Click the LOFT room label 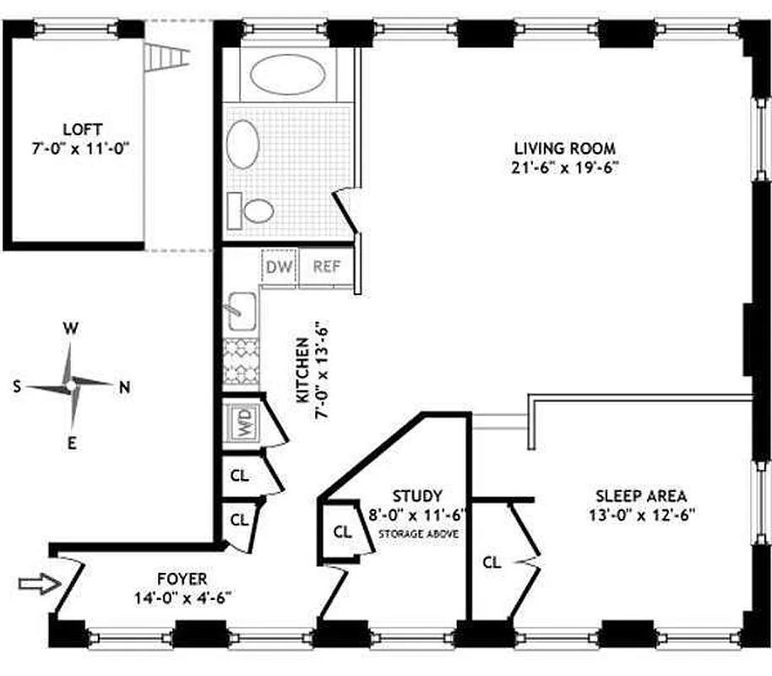tap(82, 129)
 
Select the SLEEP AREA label tap(640, 496)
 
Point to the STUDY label tap(417, 495)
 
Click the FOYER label tap(182, 579)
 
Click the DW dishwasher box tap(279, 267)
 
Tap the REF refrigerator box tap(327, 267)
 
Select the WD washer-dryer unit tap(242, 421)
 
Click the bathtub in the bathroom tap(287, 75)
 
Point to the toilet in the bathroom tap(254, 209)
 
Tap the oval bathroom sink tap(245, 144)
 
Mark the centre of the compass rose tap(71, 385)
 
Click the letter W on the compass tap(73, 330)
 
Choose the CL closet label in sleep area tap(492, 561)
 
